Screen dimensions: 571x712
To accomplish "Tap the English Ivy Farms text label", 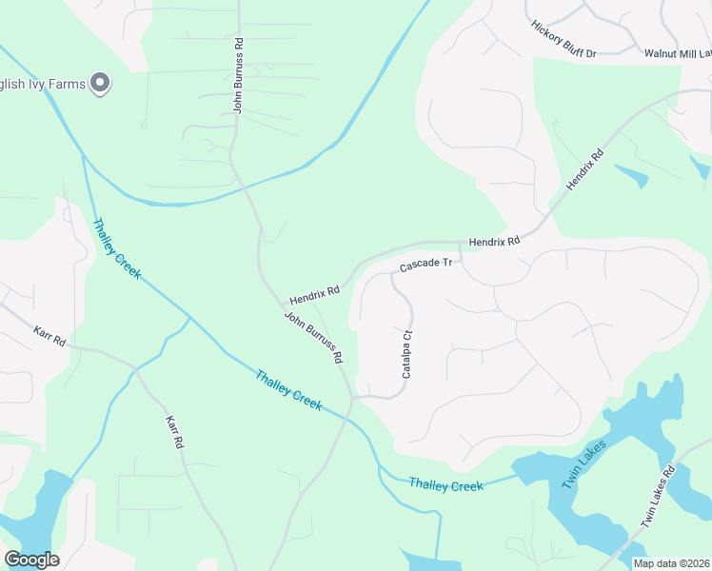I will point(42,84).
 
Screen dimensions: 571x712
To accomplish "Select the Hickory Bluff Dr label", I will point(564,39).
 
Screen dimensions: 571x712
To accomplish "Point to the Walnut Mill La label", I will point(677,55).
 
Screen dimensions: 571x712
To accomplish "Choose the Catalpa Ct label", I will point(405,353).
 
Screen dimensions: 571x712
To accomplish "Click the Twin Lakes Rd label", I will point(658,496).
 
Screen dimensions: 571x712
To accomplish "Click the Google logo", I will point(31,560).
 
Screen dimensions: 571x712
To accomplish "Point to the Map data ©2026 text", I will point(671,563).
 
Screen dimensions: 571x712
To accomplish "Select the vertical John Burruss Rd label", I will point(239,75).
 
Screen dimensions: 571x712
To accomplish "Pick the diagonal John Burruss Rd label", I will point(313,338).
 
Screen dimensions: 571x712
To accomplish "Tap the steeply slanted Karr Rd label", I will point(173,432).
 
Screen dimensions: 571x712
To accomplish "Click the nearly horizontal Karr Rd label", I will point(49,336).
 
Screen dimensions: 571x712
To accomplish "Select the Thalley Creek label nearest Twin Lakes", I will point(446,484).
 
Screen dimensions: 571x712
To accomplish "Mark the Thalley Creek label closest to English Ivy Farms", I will point(116,248).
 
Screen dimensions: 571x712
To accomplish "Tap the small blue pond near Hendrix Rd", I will point(631,175).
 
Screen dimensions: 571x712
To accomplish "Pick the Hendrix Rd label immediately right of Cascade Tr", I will point(494,242).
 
